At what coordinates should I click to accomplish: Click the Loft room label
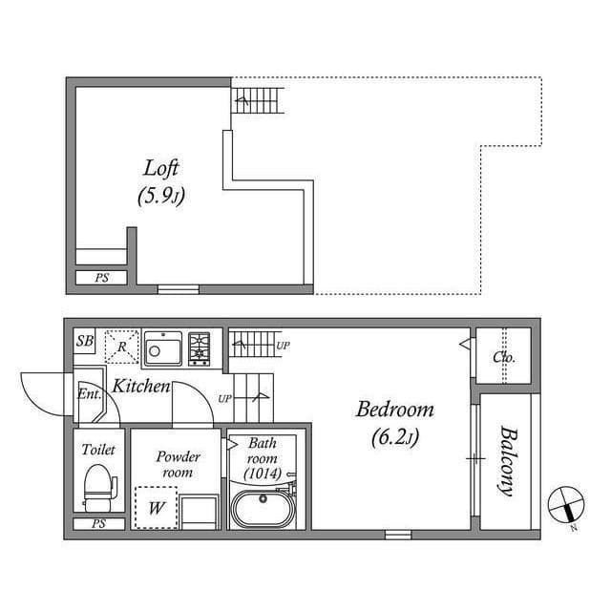[161, 168]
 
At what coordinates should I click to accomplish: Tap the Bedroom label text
[394, 411]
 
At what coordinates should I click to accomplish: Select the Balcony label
[505, 461]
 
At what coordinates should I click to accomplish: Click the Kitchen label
[141, 387]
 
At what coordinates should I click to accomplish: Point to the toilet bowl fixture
[98, 484]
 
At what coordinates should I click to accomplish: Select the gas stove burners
[200, 348]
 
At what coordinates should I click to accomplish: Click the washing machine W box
[154, 507]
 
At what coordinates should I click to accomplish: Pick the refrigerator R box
[122, 346]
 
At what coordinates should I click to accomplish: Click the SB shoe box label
[85, 341]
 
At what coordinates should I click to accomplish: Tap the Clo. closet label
[504, 358]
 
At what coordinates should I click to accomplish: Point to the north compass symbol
[565, 504]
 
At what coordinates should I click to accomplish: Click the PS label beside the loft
[101, 279]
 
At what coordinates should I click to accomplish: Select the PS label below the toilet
[98, 524]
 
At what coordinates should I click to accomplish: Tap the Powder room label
[178, 464]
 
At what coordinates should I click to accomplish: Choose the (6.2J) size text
[394, 439]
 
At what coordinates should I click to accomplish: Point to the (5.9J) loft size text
[160, 199]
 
